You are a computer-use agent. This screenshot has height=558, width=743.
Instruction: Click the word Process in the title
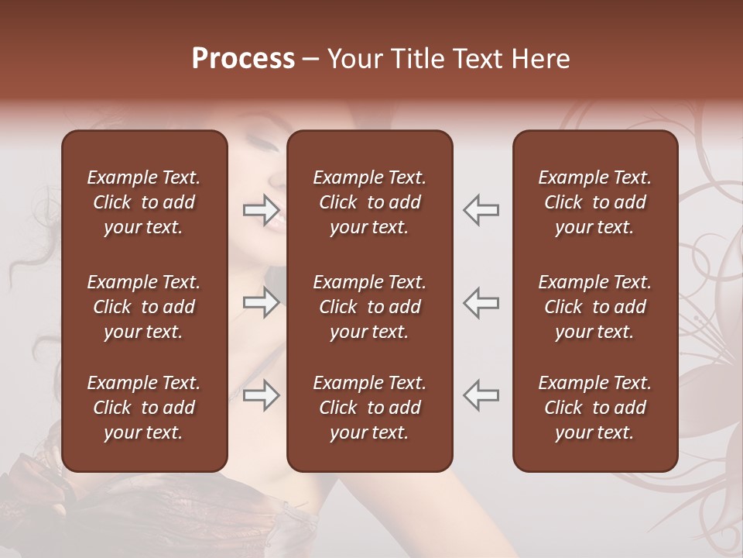[x=243, y=59]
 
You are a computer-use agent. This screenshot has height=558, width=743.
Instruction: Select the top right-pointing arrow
[x=261, y=209]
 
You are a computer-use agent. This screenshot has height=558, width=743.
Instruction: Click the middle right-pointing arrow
[x=261, y=302]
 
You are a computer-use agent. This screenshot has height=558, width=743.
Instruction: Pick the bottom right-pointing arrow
[x=261, y=395]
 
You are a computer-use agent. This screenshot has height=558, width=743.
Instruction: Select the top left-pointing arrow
[x=481, y=209]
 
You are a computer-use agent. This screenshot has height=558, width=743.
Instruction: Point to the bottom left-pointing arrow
[x=481, y=395]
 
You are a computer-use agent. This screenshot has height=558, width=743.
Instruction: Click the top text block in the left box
[x=144, y=202]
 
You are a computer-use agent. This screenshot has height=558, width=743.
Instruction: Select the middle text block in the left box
[x=144, y=307]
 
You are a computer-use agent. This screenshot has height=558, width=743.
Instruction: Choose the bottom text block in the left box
[x=144, y=408]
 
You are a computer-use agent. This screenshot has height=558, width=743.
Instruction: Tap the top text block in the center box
[x=369, y=202]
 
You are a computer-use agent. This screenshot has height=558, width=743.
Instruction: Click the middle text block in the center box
[x=369, y=307]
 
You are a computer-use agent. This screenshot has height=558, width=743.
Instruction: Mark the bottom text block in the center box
[x=369, y=408]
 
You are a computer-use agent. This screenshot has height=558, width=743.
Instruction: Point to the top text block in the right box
[x=594, y=202]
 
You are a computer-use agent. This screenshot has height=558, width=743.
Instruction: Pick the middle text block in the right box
[x=594, y=307]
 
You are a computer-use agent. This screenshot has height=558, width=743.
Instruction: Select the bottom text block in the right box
[x=594, y=408]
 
